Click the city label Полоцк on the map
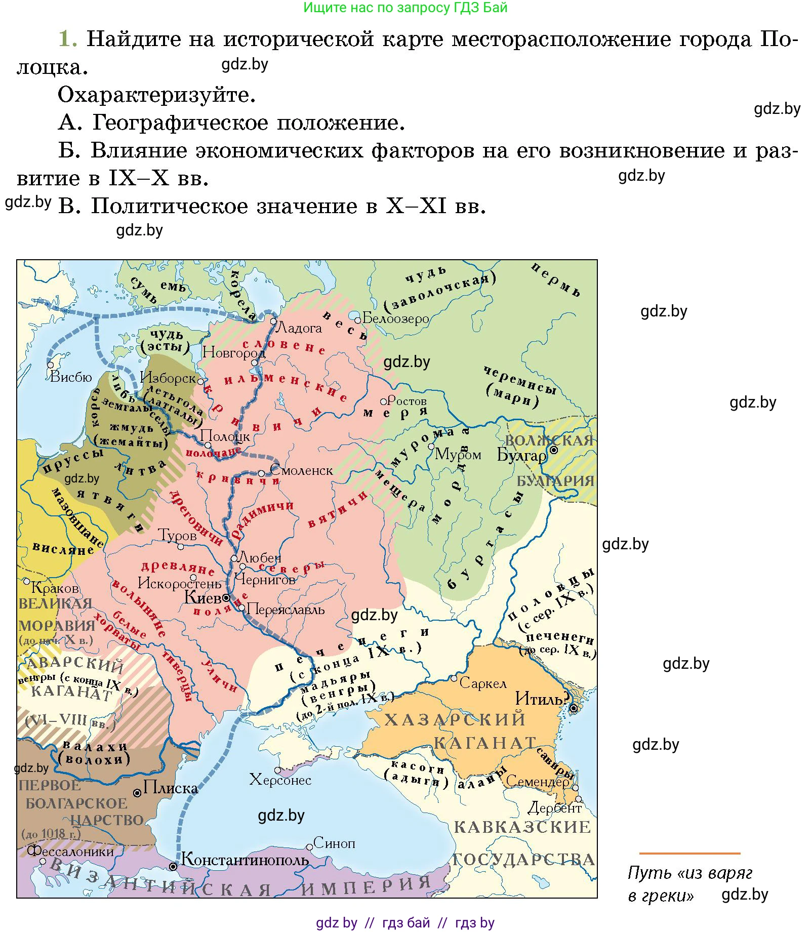point(225,436)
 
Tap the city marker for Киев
point(226,598)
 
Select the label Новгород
point(233,352)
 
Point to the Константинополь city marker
point(173,867)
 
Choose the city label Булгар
point(521,455)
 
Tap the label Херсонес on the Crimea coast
point(280,780)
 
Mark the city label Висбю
point(71,377)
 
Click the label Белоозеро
point(395,318)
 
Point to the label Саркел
point(482,683)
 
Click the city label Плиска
point(170,788)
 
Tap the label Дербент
point(554,808)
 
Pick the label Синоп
point(334,843)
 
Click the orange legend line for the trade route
point(689,854)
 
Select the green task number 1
point(67,38)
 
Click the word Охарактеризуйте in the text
point(156,95)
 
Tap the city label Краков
point(55,588)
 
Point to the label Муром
point(458,454)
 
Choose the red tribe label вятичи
point(338,510)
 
